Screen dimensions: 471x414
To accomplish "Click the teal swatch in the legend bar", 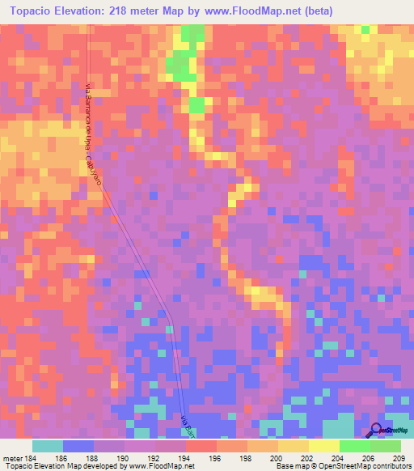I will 48,446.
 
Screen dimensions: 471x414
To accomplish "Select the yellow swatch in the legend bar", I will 324,446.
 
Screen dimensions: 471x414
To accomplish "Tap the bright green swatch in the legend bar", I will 355,446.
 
